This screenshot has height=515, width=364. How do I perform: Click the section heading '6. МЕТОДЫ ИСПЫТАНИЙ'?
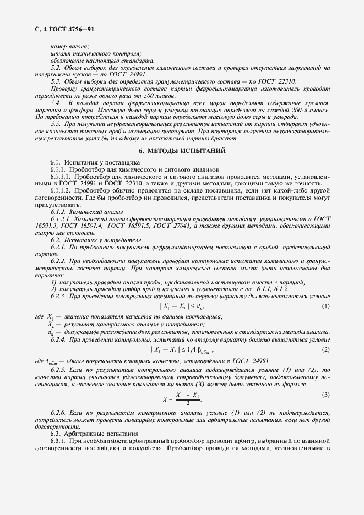pyautogui.click(x=181, y=150)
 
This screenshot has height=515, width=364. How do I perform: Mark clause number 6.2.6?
pyautogui.click(x=58, y=412)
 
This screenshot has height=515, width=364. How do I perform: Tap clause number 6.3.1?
pyautogui.click(x=58, y=441)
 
